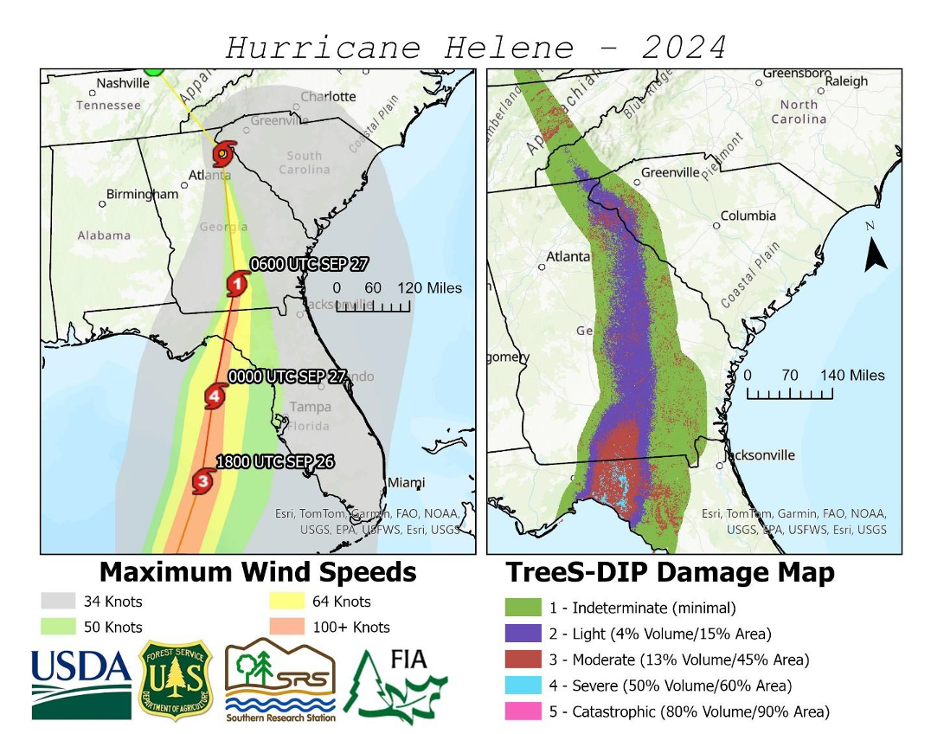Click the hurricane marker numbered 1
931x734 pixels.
pyautogui.click(x=236, y=283)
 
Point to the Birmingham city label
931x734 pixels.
pyautogui.click(x=142, y=194)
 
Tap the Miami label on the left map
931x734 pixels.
pyautogui.click(x=406, y=482)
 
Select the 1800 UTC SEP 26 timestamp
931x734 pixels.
pyautogui.click(x=274, y=461)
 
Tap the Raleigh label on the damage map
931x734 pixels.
pyautogui.click(x=846, y=81)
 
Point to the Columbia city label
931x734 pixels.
pyautogui.click(x=748, y=216)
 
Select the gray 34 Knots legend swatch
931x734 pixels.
pyautogui.click(x=57, y=602)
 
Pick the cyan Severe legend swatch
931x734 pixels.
pyautogui.click(x=523, y=686)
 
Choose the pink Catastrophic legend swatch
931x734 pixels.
pyautogui.click(x=523, y=711)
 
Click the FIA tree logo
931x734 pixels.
pyautogui.click(x=396, y=684)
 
